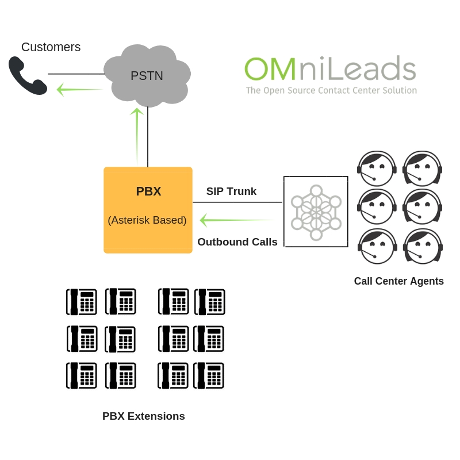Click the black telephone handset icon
pos(28,75)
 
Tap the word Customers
pos(51,47)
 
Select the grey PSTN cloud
pos(147,75)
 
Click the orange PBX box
pos(148,210)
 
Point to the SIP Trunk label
pos(231,191)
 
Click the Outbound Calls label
pos(237,242)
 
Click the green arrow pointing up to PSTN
pos(137,135)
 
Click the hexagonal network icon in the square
pos(316,212)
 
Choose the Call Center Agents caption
pos(398,281)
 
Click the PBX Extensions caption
pos(144,416)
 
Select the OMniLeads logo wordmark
pos(330,69)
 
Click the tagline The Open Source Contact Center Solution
pos(331,90)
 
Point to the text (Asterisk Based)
pos(147,220)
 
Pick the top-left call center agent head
pos(377,168)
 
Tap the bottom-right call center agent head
pos(423,247)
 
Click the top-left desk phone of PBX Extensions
pos(81,302)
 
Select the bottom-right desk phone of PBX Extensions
pos(208,375)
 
